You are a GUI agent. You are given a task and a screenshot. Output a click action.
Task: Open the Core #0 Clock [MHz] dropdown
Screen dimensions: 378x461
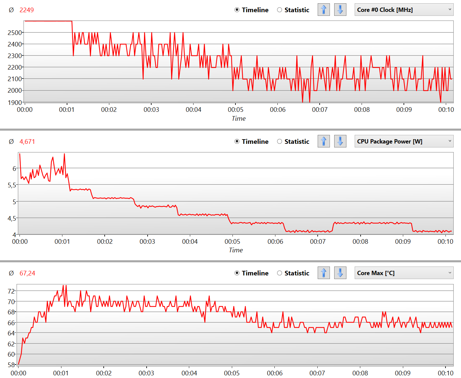pos(404,10)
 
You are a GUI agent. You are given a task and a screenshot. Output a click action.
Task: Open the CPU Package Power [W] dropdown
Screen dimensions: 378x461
pos(404,142)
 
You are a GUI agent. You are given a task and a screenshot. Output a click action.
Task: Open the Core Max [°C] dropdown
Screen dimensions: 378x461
pos(404,273)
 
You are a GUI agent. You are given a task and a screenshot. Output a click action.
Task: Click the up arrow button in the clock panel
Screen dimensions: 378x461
pos(324,10)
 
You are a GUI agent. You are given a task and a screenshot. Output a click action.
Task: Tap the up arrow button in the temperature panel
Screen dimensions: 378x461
pos(324,273)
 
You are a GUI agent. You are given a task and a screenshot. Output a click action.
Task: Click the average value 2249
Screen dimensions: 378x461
pos(26,10)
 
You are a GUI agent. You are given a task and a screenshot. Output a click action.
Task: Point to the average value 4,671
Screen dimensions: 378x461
pos(27,142)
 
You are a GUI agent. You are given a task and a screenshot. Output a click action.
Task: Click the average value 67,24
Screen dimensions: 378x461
pos(27,273)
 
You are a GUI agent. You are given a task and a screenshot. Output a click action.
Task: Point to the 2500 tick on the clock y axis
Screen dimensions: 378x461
pos(15,33)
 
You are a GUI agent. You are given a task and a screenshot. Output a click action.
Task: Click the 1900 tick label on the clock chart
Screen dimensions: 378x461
pos(15,102)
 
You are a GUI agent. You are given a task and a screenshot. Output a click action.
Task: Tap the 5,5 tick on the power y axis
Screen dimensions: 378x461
pos(12,185)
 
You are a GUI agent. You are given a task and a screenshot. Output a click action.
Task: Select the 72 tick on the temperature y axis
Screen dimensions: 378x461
pos(11,291)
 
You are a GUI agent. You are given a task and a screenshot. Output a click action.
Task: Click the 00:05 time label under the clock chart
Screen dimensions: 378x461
pos(235,110)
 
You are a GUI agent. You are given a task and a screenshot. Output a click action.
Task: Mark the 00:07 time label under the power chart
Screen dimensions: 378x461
pos(318,241)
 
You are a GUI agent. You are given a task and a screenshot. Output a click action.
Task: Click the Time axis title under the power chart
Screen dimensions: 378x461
pos(236,250)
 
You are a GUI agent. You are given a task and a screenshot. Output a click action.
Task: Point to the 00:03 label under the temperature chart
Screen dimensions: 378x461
pos(146,373)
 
